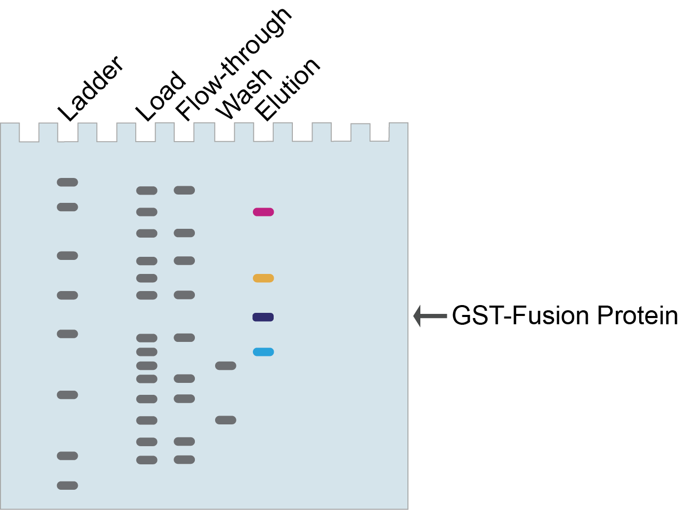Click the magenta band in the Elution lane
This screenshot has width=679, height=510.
click(263, 212)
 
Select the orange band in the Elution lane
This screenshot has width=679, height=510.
click(263, 278)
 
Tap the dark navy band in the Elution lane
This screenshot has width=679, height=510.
click(263, 317)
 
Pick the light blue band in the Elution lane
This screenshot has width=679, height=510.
click(263, 352)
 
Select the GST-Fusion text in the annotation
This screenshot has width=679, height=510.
click(520, 315)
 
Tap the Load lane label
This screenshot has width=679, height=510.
click(160, 97)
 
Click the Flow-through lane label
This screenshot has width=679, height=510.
click(233, 64)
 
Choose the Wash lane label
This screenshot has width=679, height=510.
click(243, 93)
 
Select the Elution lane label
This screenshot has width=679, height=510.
click(288, 89)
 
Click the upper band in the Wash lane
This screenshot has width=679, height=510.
click(225, 366)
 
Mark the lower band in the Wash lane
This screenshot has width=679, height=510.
click(225, 420)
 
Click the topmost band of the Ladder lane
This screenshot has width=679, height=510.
click(67, 182)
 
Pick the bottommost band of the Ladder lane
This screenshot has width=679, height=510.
click(67, 486)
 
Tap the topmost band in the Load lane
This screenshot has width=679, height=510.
click(147, 190)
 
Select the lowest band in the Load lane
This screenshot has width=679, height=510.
click(147, 460)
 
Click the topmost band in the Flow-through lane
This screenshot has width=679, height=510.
click(185, 190)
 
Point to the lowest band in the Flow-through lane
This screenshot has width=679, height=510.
click(185, 460)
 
